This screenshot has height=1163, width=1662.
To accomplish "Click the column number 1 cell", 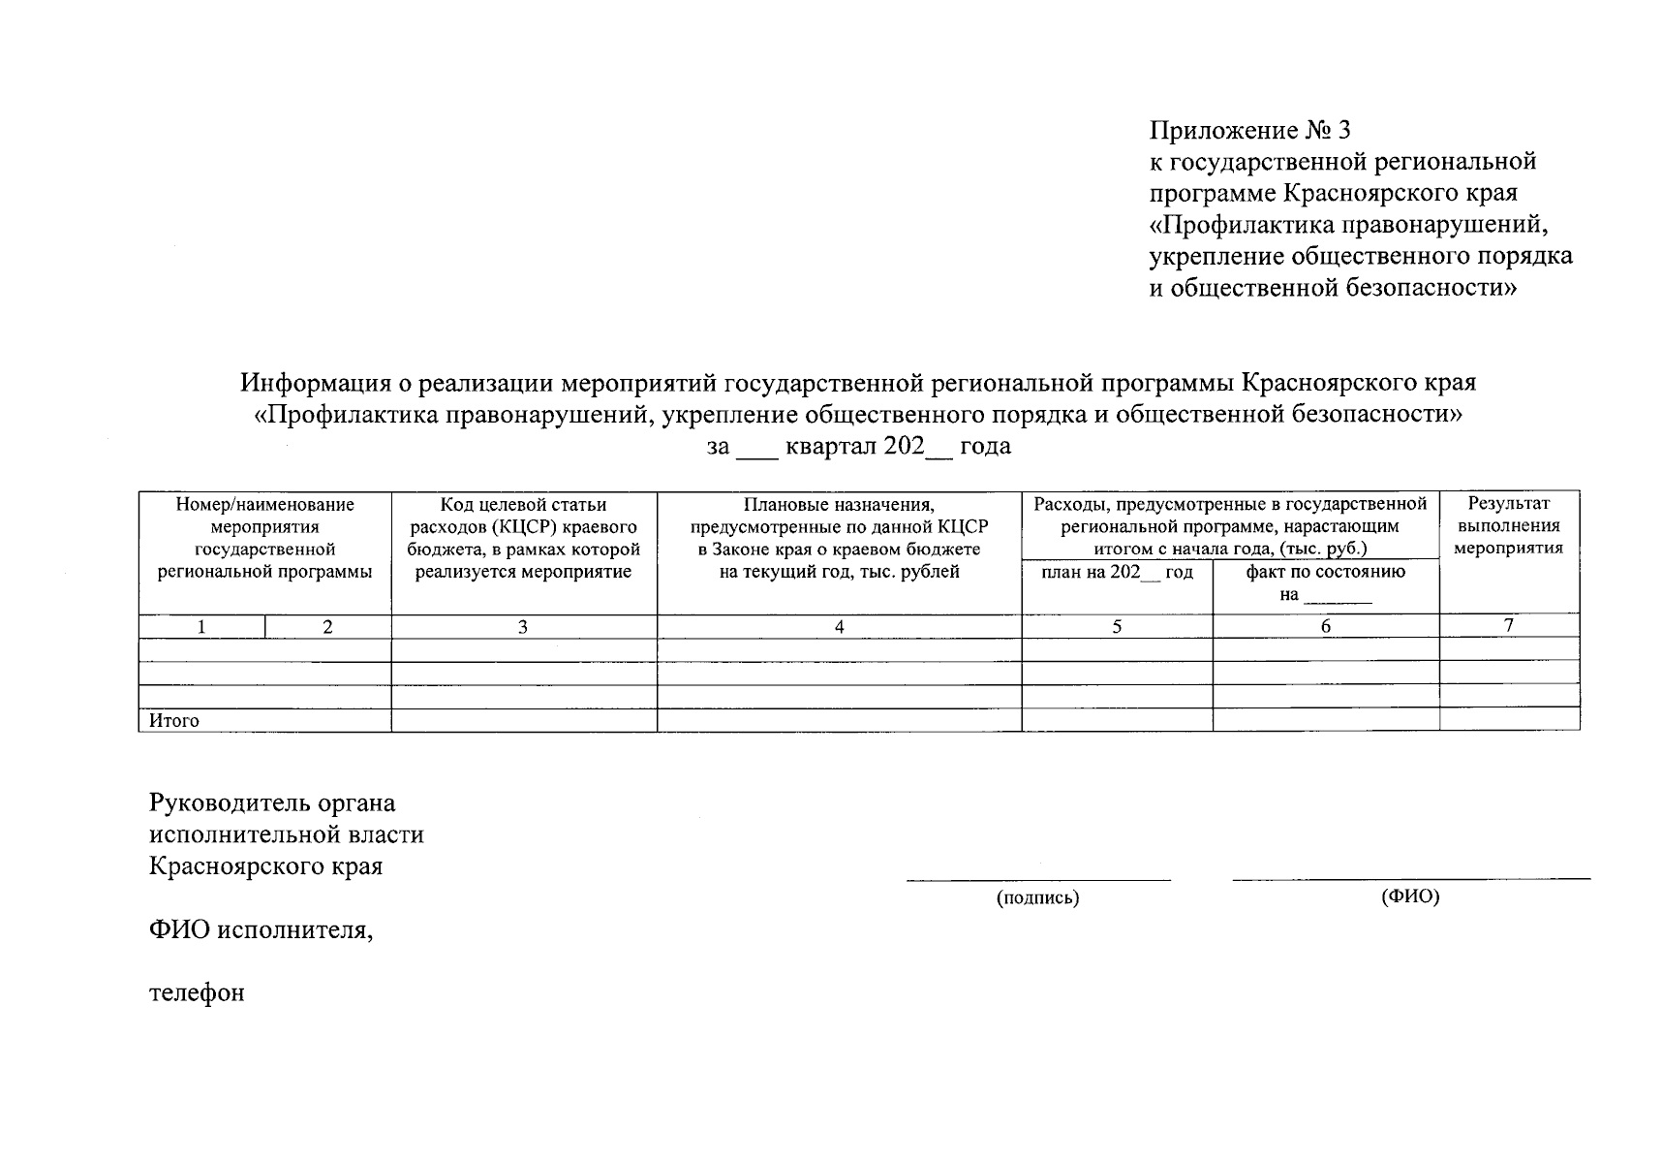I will (201, 627).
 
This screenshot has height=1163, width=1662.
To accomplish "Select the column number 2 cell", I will (327, 627).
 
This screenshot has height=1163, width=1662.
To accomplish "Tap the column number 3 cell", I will (523, 627).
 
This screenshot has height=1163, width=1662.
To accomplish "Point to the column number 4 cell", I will (839, 627).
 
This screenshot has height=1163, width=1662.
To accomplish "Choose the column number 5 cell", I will (1117, 627).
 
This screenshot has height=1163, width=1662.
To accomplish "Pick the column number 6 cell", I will (1325, 627).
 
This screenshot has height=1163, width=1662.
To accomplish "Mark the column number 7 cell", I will (1508, 626).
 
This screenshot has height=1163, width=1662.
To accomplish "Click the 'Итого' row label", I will (174, 720).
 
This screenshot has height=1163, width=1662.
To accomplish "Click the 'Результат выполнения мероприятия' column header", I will (1508, 526).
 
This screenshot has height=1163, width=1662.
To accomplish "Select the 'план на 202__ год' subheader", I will (1117, 572).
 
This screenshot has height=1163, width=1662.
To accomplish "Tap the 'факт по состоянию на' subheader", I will (1325, 582).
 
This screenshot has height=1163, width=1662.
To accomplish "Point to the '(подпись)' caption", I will (1037, 897).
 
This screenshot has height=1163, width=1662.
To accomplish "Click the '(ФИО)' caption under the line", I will (1410, 896).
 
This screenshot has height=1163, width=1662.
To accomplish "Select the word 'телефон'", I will (197, 992).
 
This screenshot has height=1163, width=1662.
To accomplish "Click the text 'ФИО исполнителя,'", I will (261, 930).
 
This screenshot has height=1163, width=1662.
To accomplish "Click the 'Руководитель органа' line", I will (272, 802).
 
